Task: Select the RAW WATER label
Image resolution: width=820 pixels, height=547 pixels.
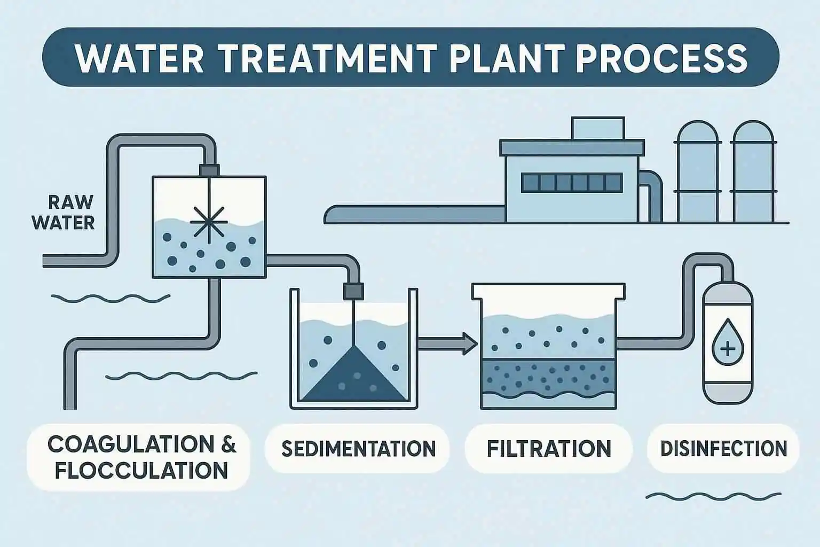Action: [63, 212]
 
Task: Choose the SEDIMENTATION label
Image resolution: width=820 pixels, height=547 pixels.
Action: [358, 449]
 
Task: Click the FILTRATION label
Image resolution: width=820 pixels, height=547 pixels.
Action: [549, 449]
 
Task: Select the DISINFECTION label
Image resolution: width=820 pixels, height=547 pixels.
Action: [723, 449]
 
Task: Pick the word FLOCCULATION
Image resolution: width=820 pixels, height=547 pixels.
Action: [141, 471]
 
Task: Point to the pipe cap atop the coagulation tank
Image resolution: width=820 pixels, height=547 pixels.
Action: [209, 170]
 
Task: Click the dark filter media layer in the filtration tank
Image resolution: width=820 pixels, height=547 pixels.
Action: [548, 377]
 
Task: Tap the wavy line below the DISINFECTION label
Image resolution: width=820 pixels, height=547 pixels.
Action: [713, 496]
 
